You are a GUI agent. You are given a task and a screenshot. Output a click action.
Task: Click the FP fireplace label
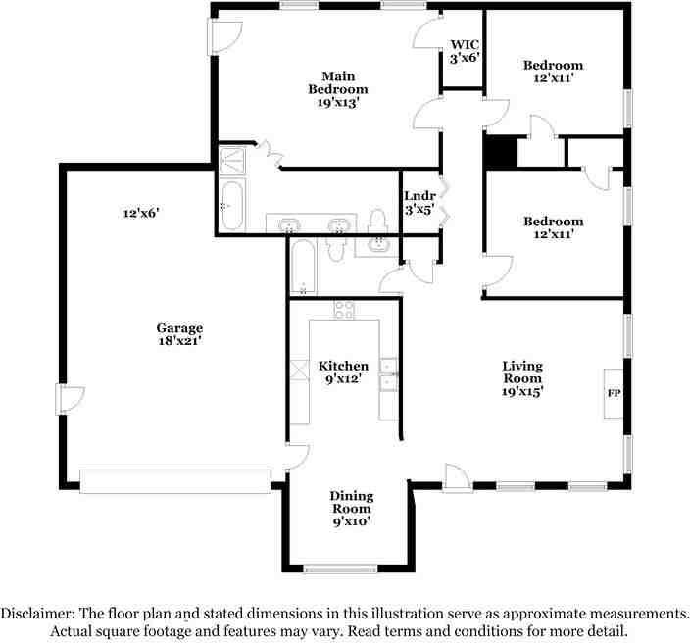click(614, 393)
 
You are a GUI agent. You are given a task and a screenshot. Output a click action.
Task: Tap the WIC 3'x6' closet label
click(465, 51)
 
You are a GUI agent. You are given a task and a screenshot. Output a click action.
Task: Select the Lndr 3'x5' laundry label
click(420, 203)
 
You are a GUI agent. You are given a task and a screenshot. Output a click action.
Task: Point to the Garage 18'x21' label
click(179, 334)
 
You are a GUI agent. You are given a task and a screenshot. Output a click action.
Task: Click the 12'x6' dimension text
click(141, 213)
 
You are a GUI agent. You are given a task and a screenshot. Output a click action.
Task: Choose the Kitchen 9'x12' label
click(343, 371)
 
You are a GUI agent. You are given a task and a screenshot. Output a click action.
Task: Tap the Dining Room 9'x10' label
click(352, 509)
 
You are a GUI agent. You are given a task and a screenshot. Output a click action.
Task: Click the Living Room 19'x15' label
click(522, 378)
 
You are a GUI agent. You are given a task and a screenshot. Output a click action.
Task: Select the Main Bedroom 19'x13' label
click(338, 89)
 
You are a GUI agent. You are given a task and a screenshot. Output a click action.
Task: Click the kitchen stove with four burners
click(344, 310)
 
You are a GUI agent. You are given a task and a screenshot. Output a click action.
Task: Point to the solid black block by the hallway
click(501, 151)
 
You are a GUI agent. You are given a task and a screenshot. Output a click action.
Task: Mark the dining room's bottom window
click(341, 569)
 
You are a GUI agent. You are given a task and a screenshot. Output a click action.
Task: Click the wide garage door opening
click(175, 481)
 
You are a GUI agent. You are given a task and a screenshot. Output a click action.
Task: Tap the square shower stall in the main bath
click(232, 161)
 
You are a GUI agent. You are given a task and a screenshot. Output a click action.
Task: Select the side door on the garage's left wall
click(70, 400)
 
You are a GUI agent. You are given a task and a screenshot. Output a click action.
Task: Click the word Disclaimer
click(36, 613)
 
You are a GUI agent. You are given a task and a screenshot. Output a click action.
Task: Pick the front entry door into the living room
click(457, 476)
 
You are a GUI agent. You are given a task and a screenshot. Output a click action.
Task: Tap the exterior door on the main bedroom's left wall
click(224, 36)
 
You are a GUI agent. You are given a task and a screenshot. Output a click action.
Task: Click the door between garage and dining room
click(298, 458)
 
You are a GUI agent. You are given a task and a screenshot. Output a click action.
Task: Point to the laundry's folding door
click(444, 203)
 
